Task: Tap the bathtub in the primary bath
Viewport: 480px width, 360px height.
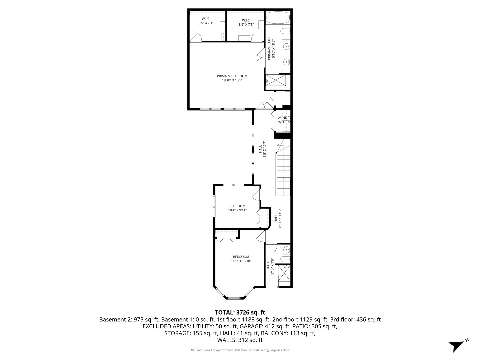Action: pos(278,18)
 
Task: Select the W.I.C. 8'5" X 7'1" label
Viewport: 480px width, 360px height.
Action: pos(206,21)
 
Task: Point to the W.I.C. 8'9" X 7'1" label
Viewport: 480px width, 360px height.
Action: pos(246,22)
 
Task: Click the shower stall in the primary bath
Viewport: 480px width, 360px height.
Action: pos(276,80)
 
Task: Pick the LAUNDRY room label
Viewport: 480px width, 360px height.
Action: pos(283,120)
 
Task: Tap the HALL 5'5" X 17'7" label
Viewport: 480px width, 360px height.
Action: pos(262,150)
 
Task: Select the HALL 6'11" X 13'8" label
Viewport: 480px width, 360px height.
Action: pos(278,219)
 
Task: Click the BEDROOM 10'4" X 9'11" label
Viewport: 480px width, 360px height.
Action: pos(237,208)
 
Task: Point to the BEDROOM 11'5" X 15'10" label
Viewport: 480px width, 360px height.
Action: pos(241,259)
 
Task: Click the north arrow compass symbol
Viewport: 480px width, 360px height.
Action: pos(457,345)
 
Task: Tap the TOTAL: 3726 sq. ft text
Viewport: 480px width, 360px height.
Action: pos(240,312)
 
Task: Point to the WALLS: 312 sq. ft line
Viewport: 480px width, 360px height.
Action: pos(240,340)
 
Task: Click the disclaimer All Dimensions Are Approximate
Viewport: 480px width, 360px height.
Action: pos(240,350)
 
